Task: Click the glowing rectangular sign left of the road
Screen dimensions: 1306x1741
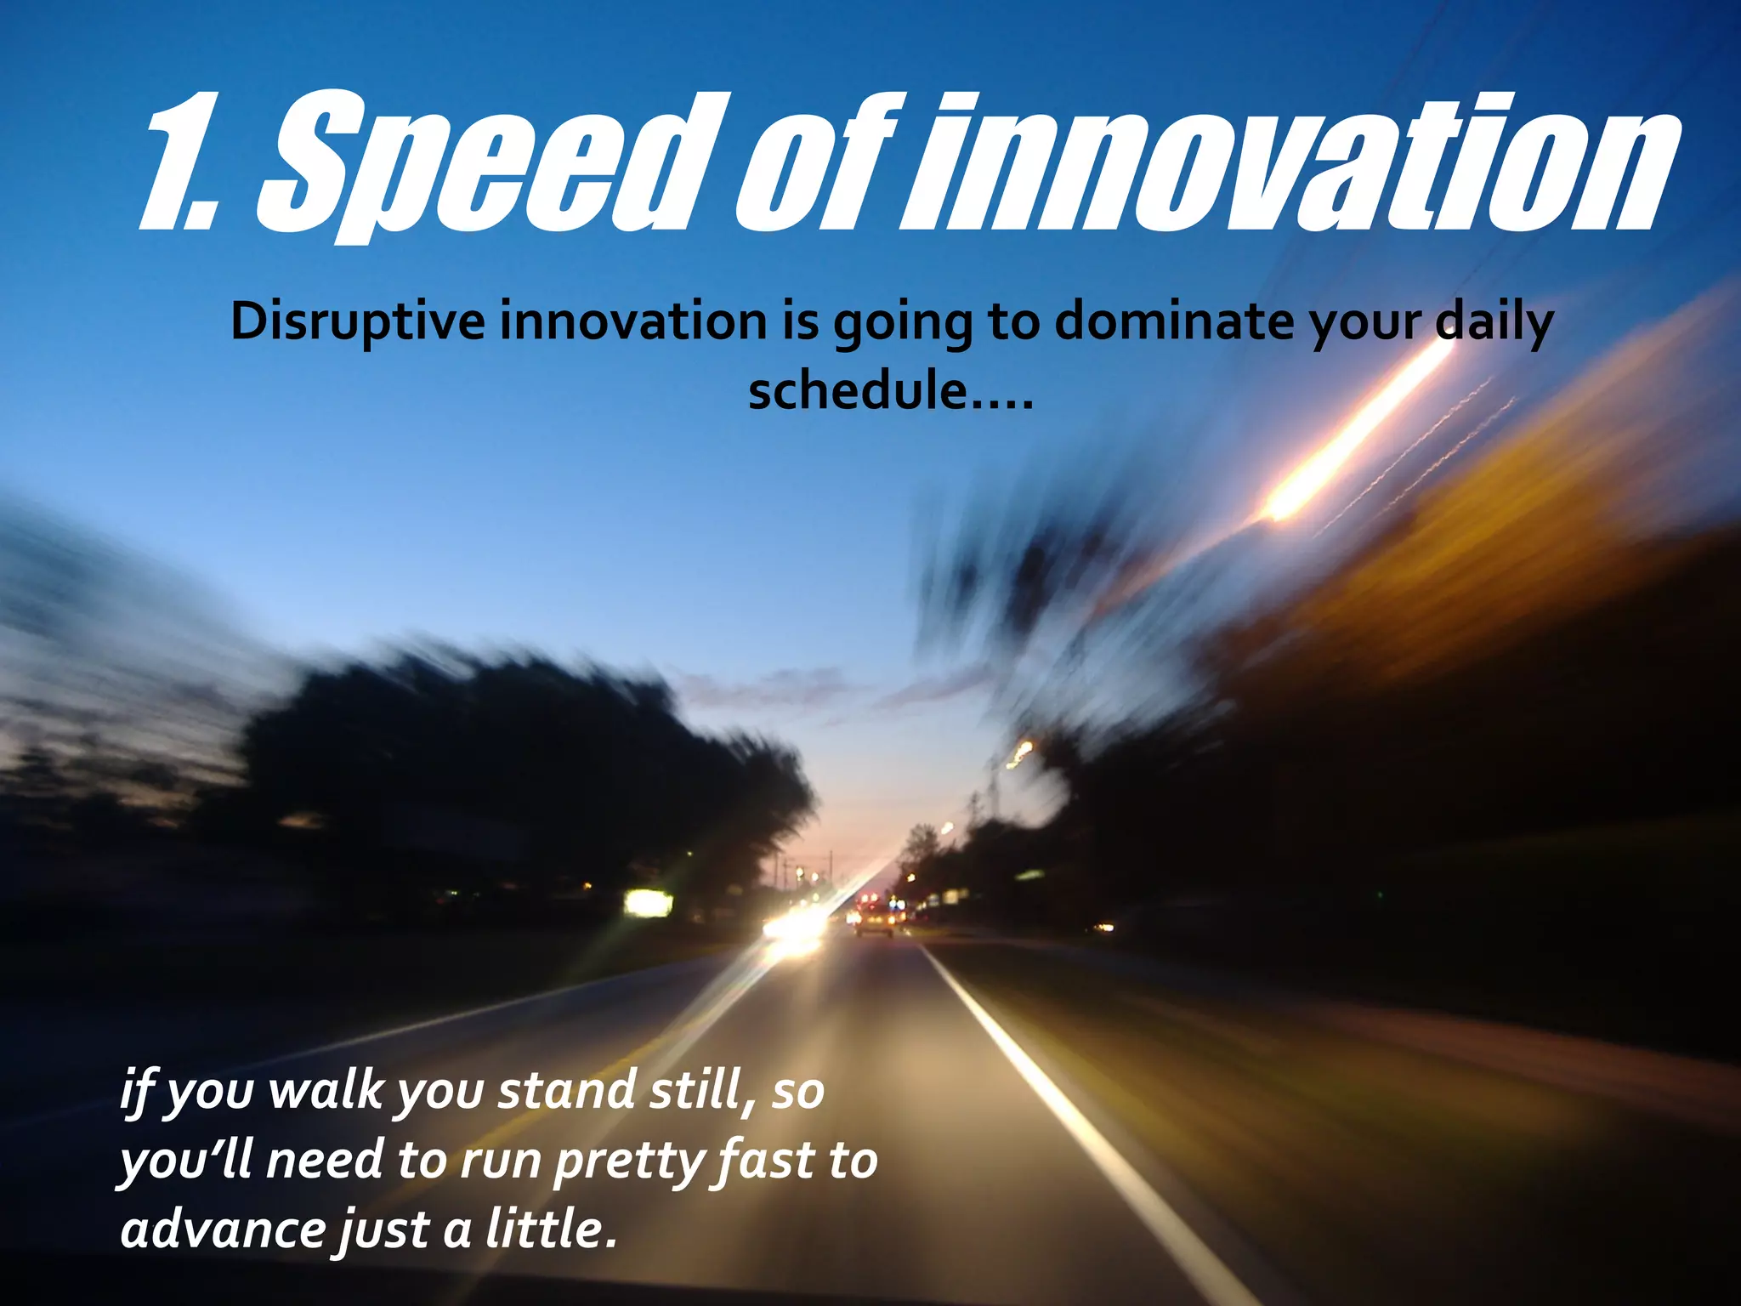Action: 649,901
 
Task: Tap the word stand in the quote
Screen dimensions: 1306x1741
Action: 565,1091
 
